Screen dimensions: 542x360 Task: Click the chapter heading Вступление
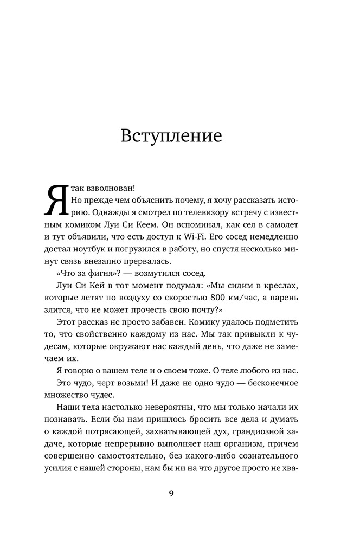[171, 135]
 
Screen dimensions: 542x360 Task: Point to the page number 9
[171, 493]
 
